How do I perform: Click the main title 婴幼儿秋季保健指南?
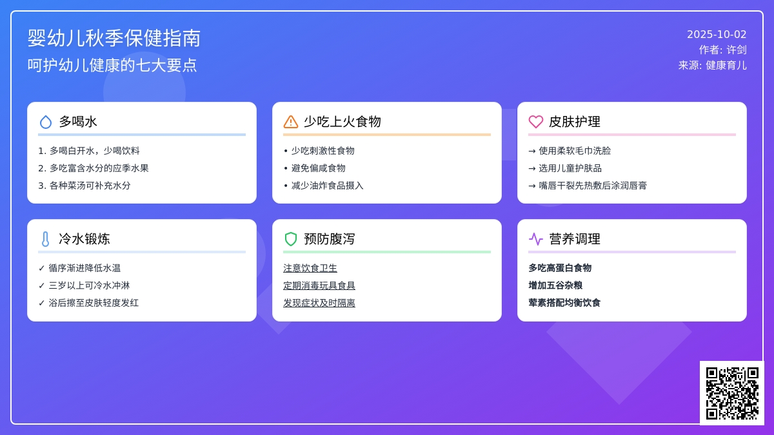pyautogui.click(x=114, y=38)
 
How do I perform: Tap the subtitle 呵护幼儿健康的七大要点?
pyautogui.click(x=112, y=65)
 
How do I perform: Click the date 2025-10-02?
pyautogui.click(x=717, y=35)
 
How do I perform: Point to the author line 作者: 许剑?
pyautogui.click(x=722, y=50)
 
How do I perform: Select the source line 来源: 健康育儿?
pyautogui.click(x=712, y=65)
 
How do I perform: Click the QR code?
pyautogui.click(x=732, y=393)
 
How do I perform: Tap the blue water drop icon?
pyautogui.click(x=46, y=122)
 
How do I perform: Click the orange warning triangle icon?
pyautogui.click(x=291, y=122)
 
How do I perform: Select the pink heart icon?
pyautogui.click(x=536, y=122)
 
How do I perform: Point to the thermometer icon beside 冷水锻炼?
pyautogui.click(x=45, y=239)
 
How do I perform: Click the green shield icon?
pyautogui.click(x=291, y=239)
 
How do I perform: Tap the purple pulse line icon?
pyautogui.click(x=536, y=239)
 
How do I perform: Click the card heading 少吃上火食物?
pyautogui.click(x=342, y=122)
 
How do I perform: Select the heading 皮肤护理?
pyautogui.click(x=575, y=122)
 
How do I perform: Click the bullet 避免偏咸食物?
pyautogui.click(x=318, y=168)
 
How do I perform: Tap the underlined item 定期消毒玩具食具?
pyautogui.click(x=319, y=285)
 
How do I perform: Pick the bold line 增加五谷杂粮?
pyautogui.click(x=555, y=285)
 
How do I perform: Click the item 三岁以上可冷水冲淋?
pyautogui.click(x=89, y=285)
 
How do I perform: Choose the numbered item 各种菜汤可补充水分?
pyautogui.click(x=90, y=186)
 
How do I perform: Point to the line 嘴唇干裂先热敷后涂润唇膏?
pyautogui.click(x=593, y=186)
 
